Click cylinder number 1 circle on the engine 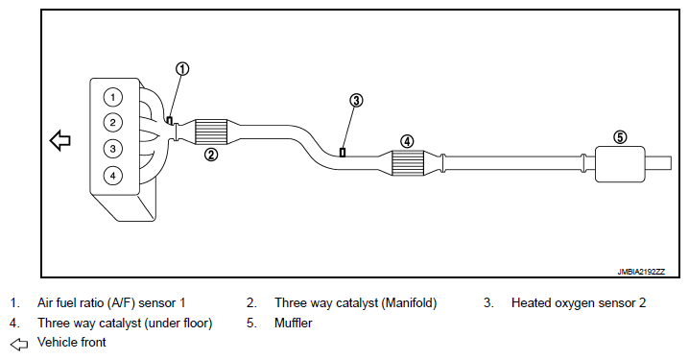coord(113,97)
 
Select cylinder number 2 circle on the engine coord(113,123)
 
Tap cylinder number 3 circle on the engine coord(113,149)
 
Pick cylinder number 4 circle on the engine coord(113,176)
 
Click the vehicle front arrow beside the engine coord(60,141)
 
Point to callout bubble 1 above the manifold coord(182,69)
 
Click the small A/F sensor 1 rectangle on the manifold coord(170,120)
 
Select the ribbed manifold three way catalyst coord(210,132)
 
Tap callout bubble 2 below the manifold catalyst coord(211,155)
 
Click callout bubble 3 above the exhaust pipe coord(356,101)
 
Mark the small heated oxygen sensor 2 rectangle coord(343,152)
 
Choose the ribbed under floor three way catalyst coord(407,163)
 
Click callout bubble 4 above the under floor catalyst coord(407,141)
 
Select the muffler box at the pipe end coord(620,164)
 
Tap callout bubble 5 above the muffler coord(620,137)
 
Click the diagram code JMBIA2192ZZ coord(641,272)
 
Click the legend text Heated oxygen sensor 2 coord(579,302)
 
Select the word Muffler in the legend coord(294,324)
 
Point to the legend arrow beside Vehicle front coord(19,345)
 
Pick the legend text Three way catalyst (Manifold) coord(355,303)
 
